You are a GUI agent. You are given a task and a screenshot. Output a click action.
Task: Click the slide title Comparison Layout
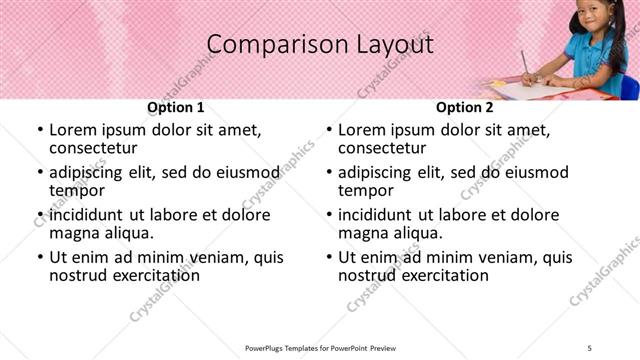tap(320, 45)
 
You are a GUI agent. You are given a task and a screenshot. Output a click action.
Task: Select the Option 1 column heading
tap(175, 107)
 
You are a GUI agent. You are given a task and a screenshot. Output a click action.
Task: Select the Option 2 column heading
tap(465, 107)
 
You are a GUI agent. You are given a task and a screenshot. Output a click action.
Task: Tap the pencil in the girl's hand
tap(524, 63)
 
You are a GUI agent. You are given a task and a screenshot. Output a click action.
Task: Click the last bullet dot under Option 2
tap(328, 257)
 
